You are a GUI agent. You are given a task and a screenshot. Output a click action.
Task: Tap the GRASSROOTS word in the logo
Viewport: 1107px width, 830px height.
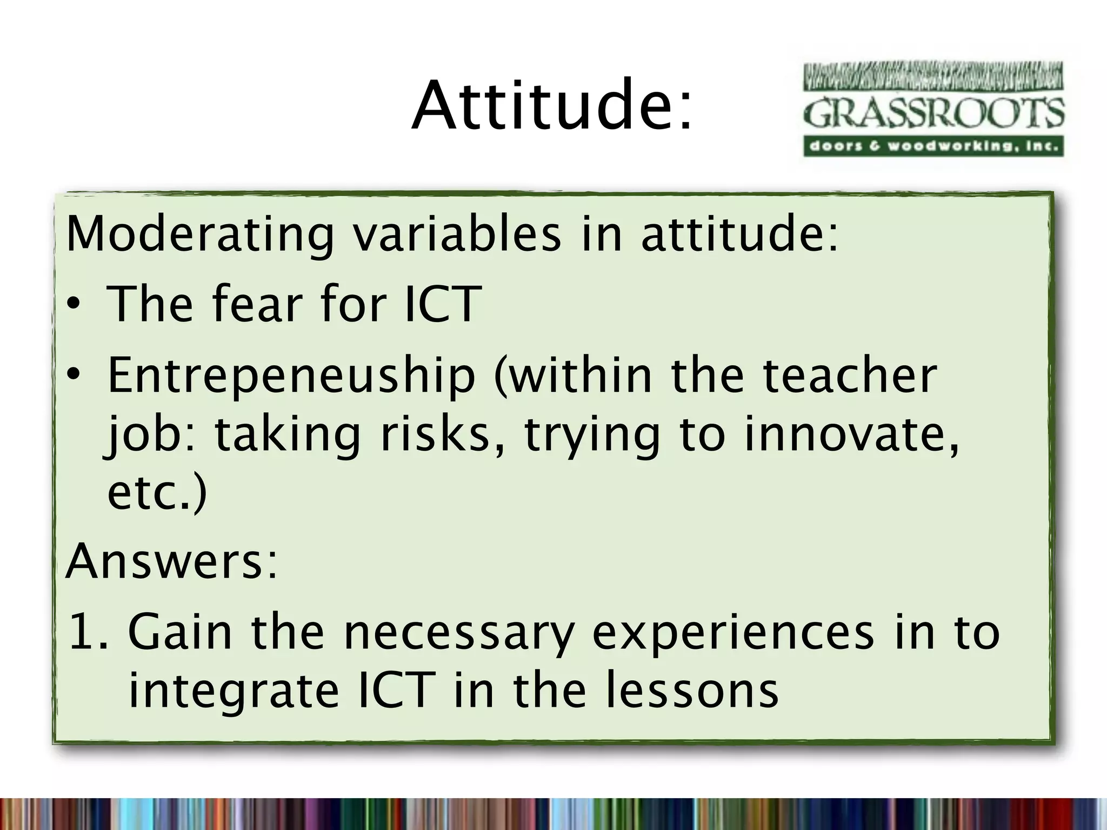tap(933, 113)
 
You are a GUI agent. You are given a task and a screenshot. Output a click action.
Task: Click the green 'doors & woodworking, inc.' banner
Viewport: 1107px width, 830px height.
tap(933, 146)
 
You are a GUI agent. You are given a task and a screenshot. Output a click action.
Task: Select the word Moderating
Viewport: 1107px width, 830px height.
tap(200, 236)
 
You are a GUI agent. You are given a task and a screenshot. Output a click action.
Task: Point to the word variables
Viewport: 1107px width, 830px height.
tap(457, 235)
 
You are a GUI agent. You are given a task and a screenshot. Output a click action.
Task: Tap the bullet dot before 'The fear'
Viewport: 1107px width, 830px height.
tap(74, 305)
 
